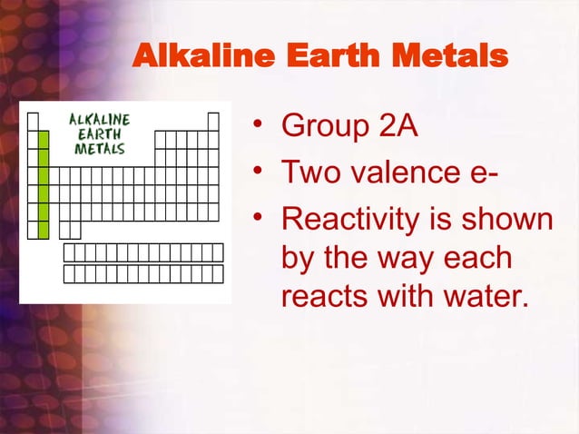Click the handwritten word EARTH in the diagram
click(x=100, y=133)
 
